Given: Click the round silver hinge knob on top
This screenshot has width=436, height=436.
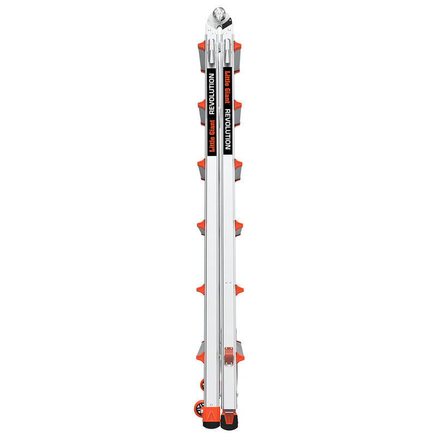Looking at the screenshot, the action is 219,13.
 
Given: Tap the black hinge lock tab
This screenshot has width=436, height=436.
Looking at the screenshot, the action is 227,23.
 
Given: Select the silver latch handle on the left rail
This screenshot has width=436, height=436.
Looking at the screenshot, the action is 212,51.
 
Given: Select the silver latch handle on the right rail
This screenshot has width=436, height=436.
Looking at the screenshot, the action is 227,51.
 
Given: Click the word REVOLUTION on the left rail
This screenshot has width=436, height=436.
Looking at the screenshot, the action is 211,94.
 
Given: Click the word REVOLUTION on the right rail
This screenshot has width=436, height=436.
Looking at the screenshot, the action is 227,129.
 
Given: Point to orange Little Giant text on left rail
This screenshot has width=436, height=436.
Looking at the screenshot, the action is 212,136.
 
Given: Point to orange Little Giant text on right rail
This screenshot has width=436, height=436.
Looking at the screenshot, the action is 227,87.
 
